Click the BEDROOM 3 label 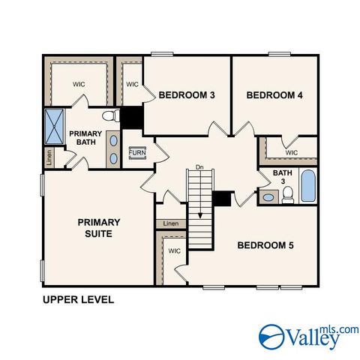click(187, 95)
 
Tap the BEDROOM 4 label click(274, 95)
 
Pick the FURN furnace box click(137, 153)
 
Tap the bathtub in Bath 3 click(308, 186)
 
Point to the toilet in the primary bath click(110, 116)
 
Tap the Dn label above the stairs click(199, 166)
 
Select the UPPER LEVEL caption click(78, 300)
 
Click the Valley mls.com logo click(308, 337)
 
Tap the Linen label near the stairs click(171, 223)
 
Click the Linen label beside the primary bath click(49, 157)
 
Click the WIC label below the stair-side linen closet click(174, 251)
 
